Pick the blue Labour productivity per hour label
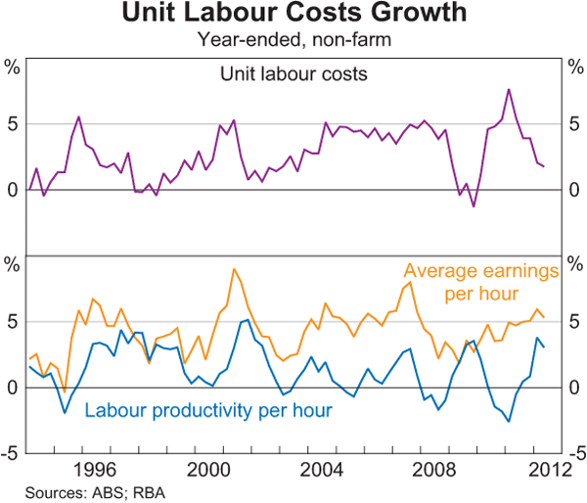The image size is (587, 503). click(209, 409)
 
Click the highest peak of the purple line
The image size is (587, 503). click(509, 89)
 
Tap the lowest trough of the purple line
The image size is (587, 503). click(474, 206)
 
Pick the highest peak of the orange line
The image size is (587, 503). click(234, 269)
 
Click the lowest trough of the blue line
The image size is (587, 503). click(509, 422)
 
